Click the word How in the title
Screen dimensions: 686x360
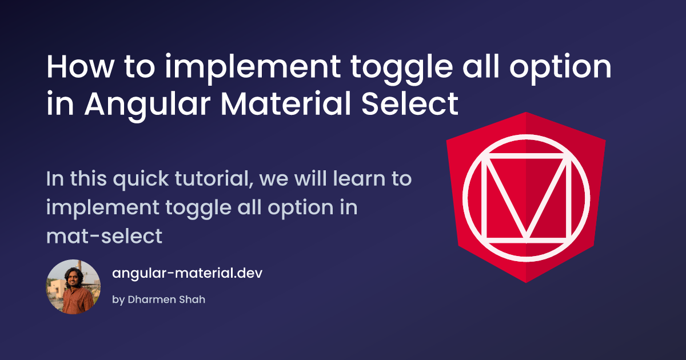[x=81, y=67]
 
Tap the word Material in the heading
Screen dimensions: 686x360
[x=286, y=103]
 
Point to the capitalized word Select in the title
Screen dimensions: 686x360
[x=410, y=103]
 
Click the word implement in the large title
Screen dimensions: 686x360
[x=253, y=69]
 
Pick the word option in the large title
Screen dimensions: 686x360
[x=560, y=69]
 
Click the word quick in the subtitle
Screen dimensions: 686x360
[x=141, y=179]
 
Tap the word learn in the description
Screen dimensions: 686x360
[x=359, y=179]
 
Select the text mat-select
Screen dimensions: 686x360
[x=104, y=237]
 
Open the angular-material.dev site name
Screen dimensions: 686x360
[x=187, y=273]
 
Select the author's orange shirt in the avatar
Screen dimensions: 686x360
[x=78, y=302]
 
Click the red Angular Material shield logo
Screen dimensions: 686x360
[x=526, y=198]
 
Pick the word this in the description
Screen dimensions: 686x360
[x=89, y=179]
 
